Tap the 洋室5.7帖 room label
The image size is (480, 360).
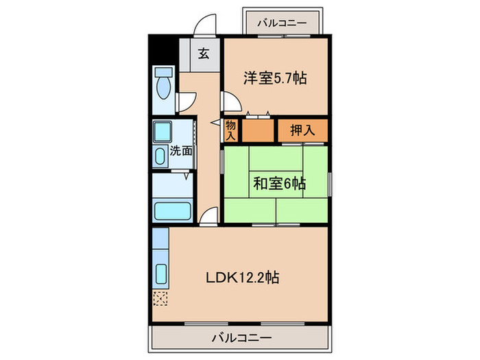(x=274, y=78)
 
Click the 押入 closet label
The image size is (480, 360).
(x=302, y=130)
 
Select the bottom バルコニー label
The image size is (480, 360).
(x=241, y=337)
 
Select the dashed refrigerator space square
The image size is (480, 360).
(x=160, y=298)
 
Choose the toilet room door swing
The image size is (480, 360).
(x=183, y=102)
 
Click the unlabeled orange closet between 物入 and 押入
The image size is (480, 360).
(x=258, y=130)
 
